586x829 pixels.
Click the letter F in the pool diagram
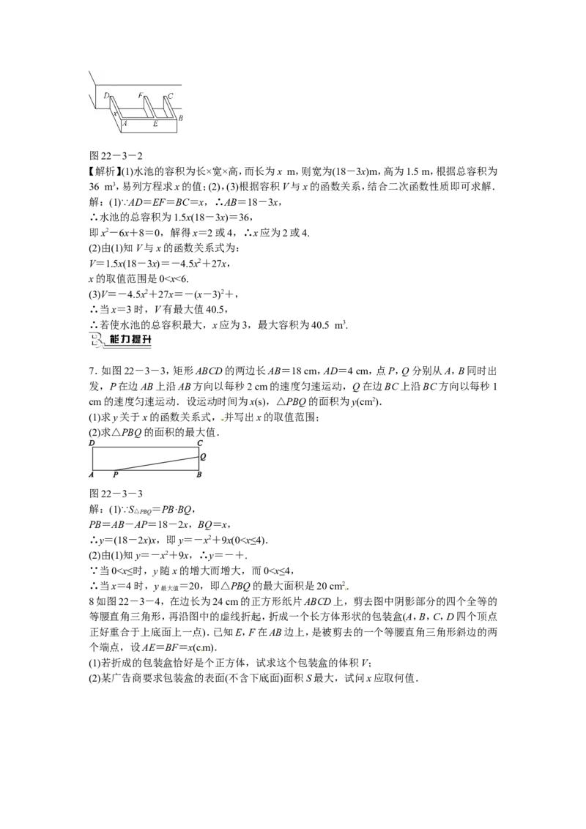[x=140, y=96]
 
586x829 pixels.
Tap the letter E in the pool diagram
[x=155, y=124]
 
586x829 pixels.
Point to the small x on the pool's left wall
[x=114, y=113]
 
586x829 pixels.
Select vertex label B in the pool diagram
[x=181, y=119]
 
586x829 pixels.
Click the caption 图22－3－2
[x=116, y=156]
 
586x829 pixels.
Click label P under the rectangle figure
[x=115, y=475]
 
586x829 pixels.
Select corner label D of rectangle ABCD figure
[x=92, y=443]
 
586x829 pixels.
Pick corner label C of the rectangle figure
[x=200, y=443]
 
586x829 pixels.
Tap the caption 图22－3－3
[x=116, y=494]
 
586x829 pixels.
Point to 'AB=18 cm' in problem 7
[x=299, y=371]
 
